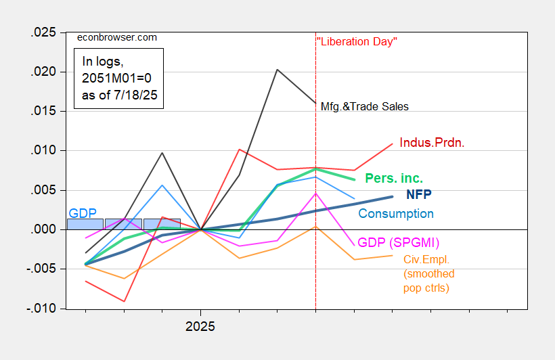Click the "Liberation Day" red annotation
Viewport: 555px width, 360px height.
(357, 41)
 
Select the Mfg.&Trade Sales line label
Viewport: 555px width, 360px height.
(364, 106)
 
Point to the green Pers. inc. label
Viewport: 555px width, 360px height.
(394, 179)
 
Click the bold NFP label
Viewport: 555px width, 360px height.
(419, 194)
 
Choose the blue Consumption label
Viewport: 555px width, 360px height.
(396, 214)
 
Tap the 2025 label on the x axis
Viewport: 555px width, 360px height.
(200, 326)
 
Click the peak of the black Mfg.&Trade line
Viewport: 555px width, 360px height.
(277, 69)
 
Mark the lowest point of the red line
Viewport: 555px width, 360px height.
(124, 301)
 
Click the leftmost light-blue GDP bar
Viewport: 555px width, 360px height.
(85, 224)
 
